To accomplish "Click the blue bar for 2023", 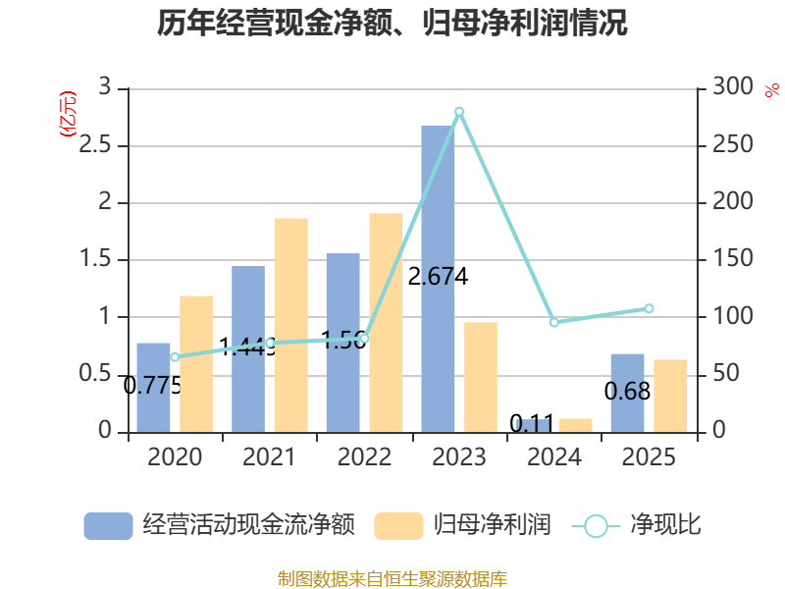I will click(438, 279).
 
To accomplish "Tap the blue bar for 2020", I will click(153, 387).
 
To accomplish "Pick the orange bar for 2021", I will click(290, 325).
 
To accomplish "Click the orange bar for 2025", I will click(670, 396).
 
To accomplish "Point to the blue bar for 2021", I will click(248, 348).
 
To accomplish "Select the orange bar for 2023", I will click(480, 377).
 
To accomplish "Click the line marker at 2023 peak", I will click(459, 112).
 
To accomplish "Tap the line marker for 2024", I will click(554, 322).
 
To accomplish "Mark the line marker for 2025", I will click(649, 308).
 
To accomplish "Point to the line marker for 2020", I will click(175, 356).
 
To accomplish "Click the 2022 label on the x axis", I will click(364, 457).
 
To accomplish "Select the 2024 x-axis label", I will click(554, 457).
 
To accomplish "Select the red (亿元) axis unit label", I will click(68, 115).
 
